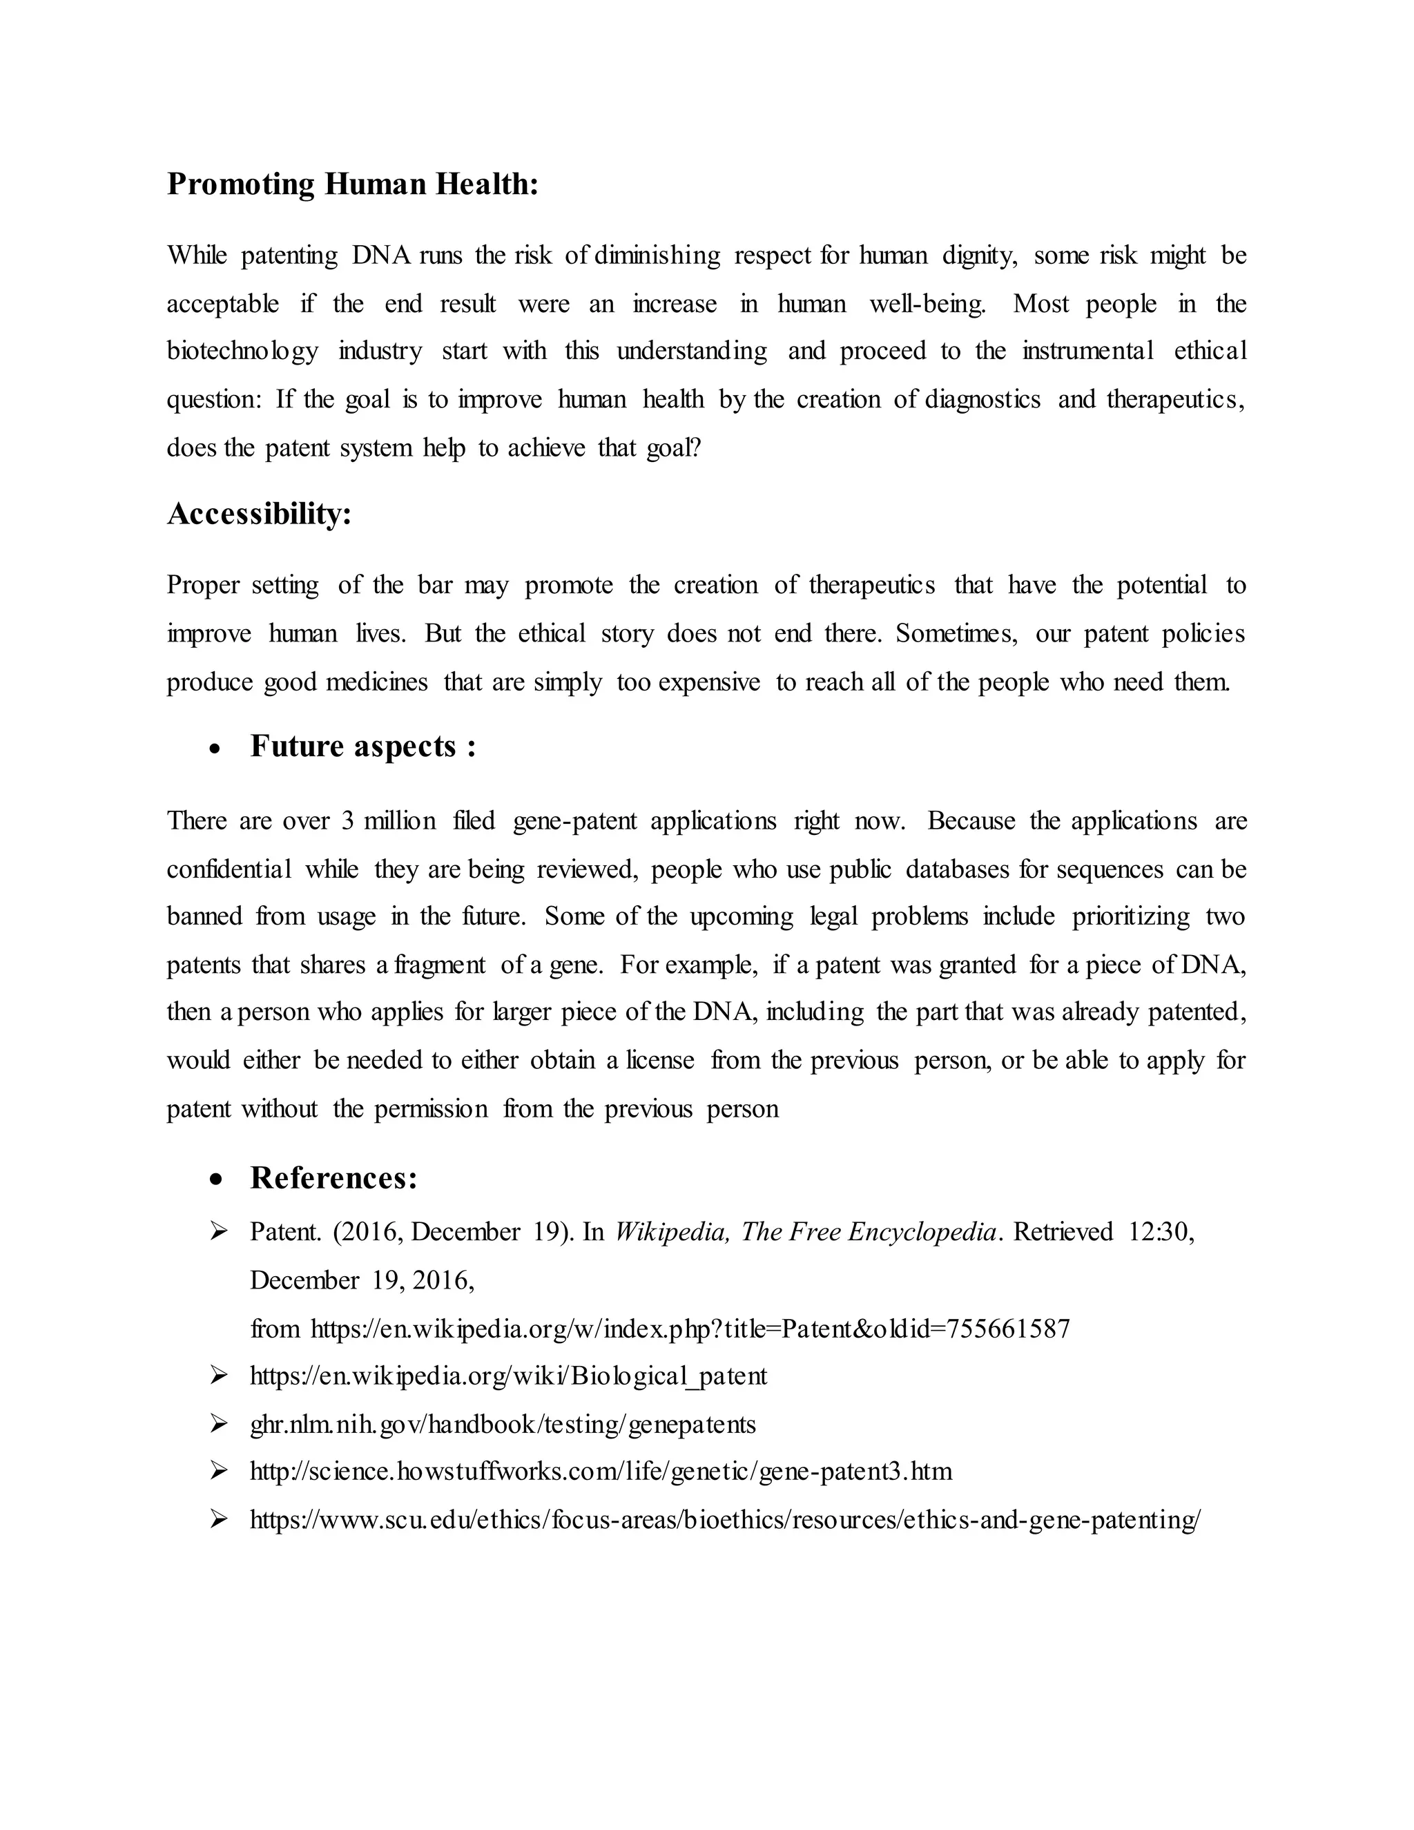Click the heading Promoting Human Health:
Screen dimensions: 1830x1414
pyautogui.click(x=352, y=184)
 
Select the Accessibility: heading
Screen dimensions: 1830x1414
pyautogui.click(x=259, y=514)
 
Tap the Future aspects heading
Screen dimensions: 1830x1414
pyautogui.click(x=362, y=746)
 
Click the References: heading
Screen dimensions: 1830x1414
pyautogui.click(x=333, y=1178)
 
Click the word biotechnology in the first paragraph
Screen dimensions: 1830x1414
pyautogui.click(x=242, y=350)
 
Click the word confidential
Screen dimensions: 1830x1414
pyautogui.click(x=229, y=868)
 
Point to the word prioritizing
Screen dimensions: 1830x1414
pyautogui.click(x=1130, y=916)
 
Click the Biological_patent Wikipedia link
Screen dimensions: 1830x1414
pyautogui.click(x=507, y=1376)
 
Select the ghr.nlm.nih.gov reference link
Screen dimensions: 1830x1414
pyautogui.click(x=503, y=1425)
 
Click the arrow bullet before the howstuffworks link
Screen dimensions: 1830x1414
pyautogui.click(x=219, y=1472)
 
